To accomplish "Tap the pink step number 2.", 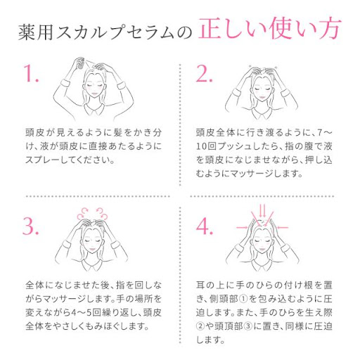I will pyautogui.click(x=205, y=75).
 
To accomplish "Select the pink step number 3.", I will pyautogui.click(x=31, y=227).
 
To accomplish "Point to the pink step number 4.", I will pyautogui.click(x=205, y=227).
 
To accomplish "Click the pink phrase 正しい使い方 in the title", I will pyautogui.click(x=269, y=31).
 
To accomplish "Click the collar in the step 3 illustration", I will pyautogui.click(x=96, y=265).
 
